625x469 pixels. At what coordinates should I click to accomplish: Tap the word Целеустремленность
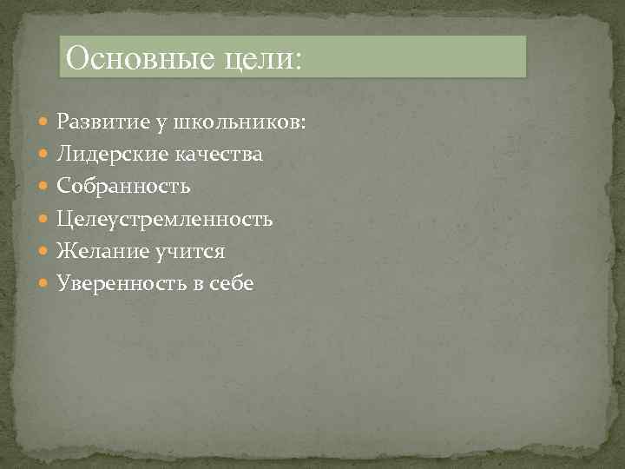(x=164, y=219)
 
